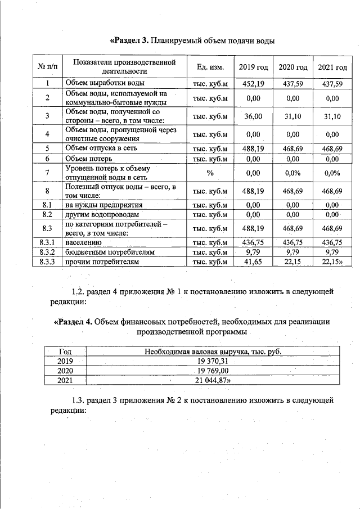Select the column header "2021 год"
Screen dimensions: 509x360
[x=332, y=67]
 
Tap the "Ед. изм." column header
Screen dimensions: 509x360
[x=210, y=67]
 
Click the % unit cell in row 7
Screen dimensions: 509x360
[x=210, y=173]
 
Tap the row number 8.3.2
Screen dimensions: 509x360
[x=48, y=252]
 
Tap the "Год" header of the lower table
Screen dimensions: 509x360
[x=66, y=352]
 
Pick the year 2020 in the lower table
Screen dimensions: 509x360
[x=66, y=371]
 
